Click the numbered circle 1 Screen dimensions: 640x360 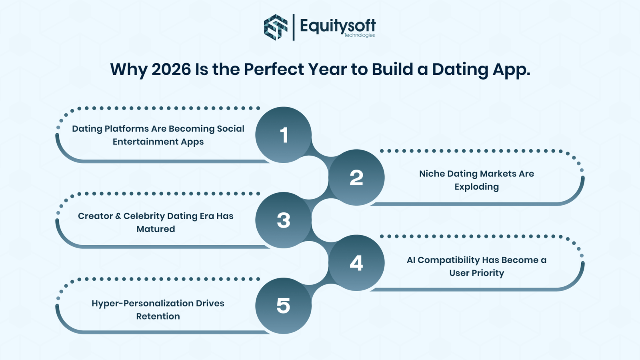click(284, 135)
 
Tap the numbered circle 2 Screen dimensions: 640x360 click(356, 178)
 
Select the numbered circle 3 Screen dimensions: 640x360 click(284, 220)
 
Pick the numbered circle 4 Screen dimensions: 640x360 click(356, 263)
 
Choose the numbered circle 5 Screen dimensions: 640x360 click(284, 306)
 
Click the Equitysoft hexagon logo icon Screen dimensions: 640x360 click(276, 27)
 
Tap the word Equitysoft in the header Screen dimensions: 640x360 click(338, 26)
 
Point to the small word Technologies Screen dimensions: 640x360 click(360, 35)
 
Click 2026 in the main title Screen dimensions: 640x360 click(171, 69)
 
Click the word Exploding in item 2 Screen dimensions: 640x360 click(476, 187)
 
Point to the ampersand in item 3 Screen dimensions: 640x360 click(118, 216)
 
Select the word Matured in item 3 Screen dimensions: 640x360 click(156, 229)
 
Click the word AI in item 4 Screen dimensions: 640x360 click(411, 260)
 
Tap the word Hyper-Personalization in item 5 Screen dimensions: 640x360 click(142, 304)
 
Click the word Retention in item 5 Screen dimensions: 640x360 click(158, 316)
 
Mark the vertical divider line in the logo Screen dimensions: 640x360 click(294, 27)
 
